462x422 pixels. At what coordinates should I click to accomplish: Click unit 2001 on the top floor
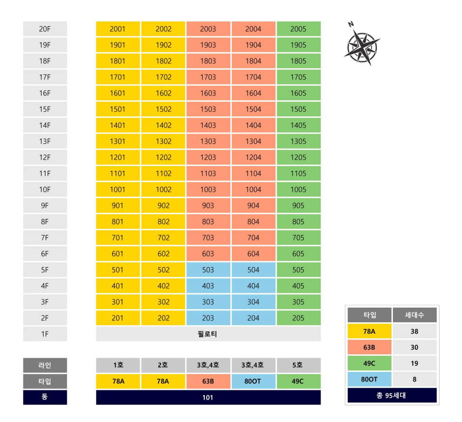[x=118, y=29]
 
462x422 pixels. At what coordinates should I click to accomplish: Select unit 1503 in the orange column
[x=208, y=109]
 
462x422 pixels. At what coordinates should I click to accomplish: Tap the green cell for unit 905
[x=299, y=205]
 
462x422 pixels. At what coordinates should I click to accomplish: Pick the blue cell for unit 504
[x=253, y=270]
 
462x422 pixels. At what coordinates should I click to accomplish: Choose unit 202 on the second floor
[x=163, y=318]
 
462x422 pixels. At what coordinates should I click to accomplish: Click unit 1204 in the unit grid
[x=253, y=157]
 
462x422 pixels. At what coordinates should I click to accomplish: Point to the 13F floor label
[x=45, y=141]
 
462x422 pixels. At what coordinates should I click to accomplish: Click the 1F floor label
[x=45, y=334]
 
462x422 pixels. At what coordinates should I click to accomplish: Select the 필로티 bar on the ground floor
[x=208, y=334]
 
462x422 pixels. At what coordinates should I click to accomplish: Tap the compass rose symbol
[x=362, y=47]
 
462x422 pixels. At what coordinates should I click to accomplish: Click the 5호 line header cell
[x=298, y=365]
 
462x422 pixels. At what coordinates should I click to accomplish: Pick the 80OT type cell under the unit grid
[x=253, y=381]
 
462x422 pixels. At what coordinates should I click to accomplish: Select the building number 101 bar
[x=208, y=397]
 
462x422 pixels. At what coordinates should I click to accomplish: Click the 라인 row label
[x=45, y=365]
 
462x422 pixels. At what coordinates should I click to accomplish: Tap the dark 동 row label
[x=45, y=397]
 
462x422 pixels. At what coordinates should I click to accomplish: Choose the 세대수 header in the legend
[x=415, y=315]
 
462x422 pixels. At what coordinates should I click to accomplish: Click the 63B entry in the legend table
[x=370, y=347]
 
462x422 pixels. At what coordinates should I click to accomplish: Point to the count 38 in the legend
[x=415, y=331]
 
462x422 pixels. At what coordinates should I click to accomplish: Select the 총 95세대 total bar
[x=392, y=395]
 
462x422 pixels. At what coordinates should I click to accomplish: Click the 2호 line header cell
[x=163, y=365]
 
